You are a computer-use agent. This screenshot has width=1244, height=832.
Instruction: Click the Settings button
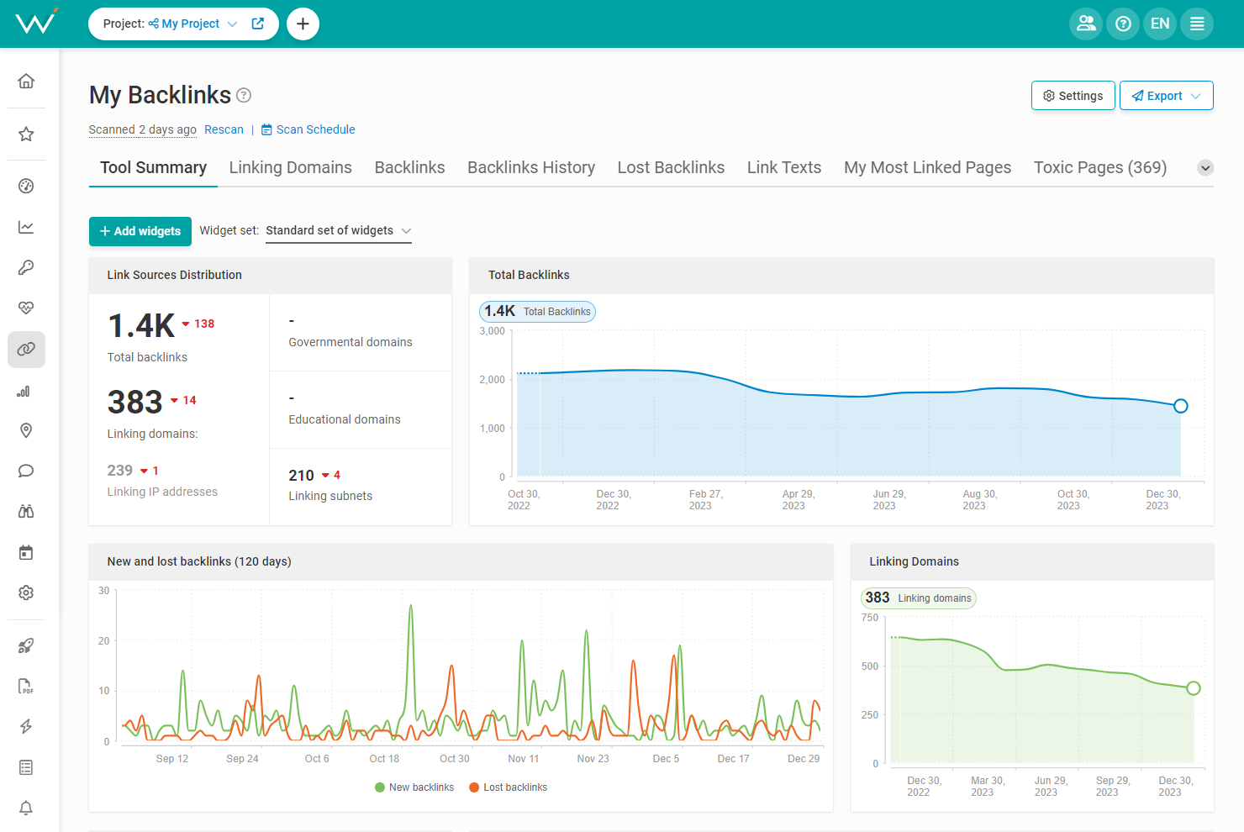(x=1073, y=96)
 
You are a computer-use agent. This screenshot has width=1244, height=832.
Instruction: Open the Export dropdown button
(x=1166, y=96)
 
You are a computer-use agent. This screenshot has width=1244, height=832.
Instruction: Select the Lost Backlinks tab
(x=671, y=167)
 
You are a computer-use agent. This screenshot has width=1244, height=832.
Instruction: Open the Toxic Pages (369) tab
(x=1099, y=167)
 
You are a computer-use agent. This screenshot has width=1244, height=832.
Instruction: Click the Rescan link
(x=224, y=129)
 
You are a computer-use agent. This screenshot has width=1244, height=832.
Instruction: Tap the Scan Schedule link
(x=315, y=129)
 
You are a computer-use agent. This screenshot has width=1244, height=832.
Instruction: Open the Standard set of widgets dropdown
(x=338, y=230)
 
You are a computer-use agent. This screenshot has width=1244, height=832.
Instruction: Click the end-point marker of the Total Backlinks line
(x=1180, y=406)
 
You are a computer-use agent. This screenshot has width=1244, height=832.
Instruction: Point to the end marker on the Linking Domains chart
(x=1193, y=688)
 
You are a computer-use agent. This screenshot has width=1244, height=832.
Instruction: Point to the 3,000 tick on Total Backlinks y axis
(x=493, y=331)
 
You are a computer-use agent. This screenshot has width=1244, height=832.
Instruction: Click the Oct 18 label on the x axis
(x=384, y=759)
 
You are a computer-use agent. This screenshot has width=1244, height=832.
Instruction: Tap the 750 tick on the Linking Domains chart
(x=870, y=618)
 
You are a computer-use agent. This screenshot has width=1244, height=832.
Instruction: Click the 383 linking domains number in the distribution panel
(x=134, y=403)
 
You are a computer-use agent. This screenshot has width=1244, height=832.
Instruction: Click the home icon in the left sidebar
(x=26, y=81)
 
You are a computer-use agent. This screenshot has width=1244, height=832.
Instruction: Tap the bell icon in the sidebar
(x=26, y=808)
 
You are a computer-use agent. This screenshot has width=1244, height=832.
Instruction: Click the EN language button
(x=1160, y=24)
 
